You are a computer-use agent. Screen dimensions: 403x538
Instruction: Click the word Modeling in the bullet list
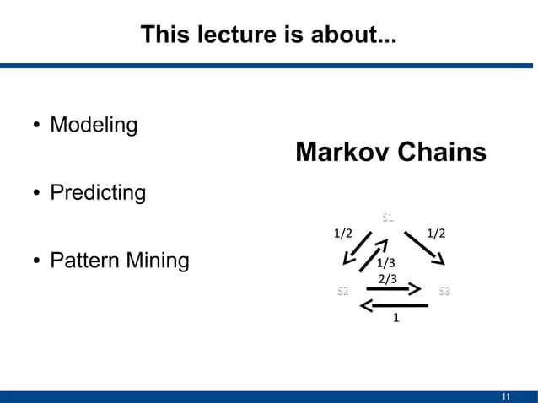pos(94,126)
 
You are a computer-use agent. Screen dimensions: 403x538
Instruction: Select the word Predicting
pos(98,193)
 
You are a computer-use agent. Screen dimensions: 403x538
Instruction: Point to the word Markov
pos(344,153)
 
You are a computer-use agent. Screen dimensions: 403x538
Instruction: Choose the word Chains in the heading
pos(443,153)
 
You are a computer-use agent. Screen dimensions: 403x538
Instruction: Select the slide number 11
pos(506,396)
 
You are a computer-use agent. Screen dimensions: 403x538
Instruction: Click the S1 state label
pos(387,218)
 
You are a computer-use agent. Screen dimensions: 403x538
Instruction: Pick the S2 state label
pos(342,292)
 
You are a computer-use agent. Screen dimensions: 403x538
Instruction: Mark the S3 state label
pos(444,292)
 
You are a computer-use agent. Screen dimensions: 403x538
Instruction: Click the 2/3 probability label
pos(387,278)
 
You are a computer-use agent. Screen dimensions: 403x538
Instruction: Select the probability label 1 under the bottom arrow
pos(395,320)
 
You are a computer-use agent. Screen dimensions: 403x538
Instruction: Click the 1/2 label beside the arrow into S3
pos(436,233)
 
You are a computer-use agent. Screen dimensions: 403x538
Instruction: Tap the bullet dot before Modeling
pos(37,126)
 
